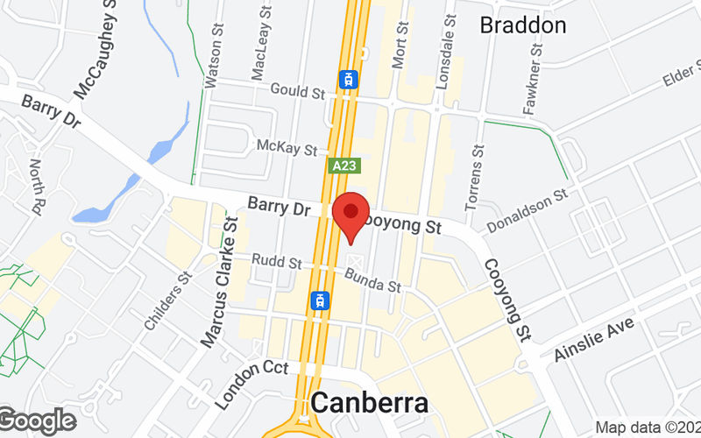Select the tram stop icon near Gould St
tap(350, 80)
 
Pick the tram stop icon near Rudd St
tap(322, 300)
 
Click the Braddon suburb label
tap(523, 25)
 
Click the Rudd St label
tap(276, 262)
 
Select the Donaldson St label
tap(528, 209)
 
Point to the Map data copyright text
tap(648, 427)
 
